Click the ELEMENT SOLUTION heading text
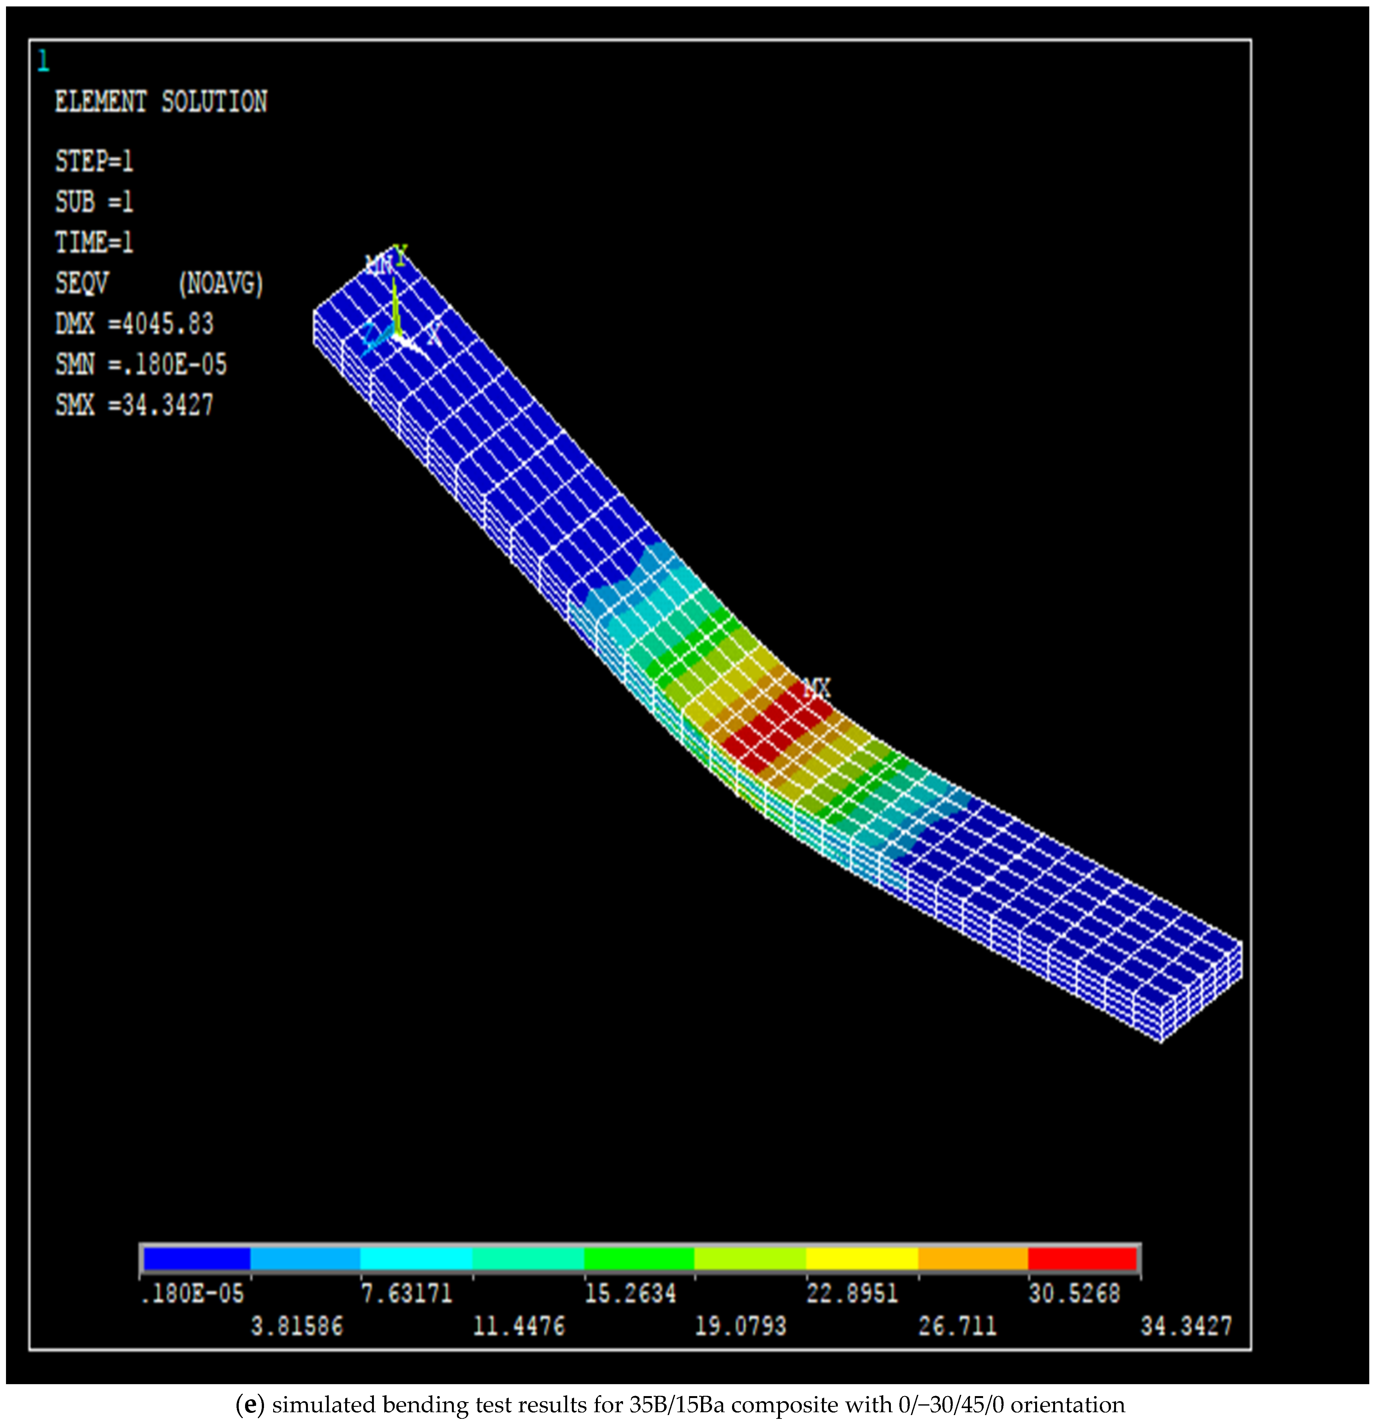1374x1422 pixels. pos(161,102)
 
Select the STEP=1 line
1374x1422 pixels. pos(94,161)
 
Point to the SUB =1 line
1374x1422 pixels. pos(94,202)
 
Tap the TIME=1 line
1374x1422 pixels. pos(94,242)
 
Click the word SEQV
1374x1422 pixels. pos(81,283)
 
